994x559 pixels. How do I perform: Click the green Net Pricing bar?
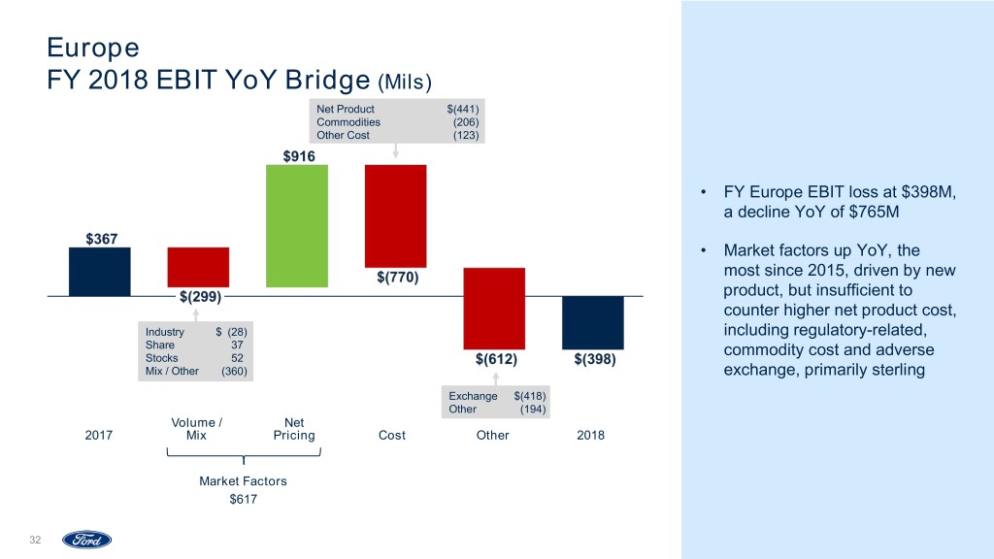(x=297, y=225)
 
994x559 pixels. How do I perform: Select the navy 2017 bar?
(x=99, y=271)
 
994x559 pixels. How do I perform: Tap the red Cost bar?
(x=395, y=215)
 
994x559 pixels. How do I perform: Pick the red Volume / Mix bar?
(x=198, y=266)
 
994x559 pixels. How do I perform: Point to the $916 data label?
(x=298, y=155)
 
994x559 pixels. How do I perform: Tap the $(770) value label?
(x=397, y=278)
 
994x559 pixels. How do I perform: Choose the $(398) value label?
(x=593, y=360)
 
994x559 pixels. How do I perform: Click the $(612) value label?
(x=495, y=360)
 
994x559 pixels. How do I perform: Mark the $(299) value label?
(x=199, y=296)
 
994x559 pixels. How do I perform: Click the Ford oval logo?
(x=87, y=540)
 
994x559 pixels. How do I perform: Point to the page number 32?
(x=36, y=540)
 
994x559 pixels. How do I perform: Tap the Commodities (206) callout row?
(x=398, y=122)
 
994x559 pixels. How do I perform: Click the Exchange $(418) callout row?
(x=498, y=396)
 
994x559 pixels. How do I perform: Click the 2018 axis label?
(x=590, y=436)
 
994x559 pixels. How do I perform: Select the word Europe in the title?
(x=93, y=47)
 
